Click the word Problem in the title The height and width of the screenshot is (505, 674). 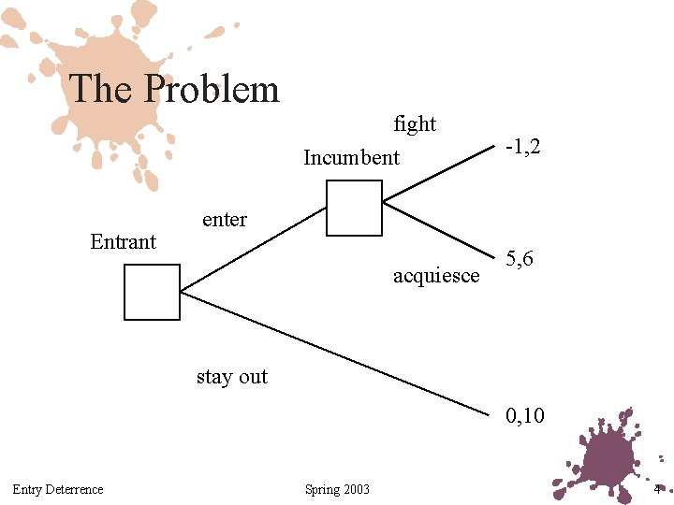tap(212, 90)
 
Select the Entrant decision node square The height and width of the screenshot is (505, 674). tap(152, 292)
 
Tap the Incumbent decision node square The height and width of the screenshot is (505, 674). tap(354, 208)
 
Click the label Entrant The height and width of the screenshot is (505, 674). tap(123, 242)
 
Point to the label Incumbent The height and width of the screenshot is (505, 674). tap(351, 158)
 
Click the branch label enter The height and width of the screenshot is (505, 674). tap(225, 220)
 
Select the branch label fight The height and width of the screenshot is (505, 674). tap(415, 124)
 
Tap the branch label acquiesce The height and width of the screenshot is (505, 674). tap(436, 276)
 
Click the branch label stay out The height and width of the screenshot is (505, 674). tap(231, 377)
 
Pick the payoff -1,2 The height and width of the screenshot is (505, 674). tap(522, 147)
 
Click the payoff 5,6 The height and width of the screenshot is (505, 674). tap(520, 259)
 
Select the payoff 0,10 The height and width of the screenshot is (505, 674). tap(525, 416)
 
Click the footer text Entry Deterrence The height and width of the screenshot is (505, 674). tap(58, 489)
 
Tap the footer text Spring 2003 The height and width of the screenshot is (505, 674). tap(337, 489)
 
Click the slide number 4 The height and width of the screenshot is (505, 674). tap(657, 489)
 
